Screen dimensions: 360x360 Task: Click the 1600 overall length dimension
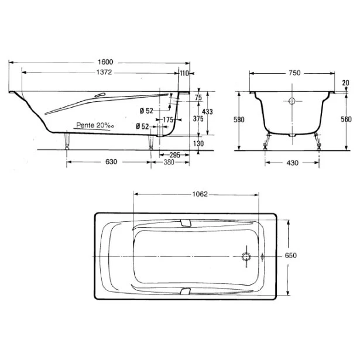105,62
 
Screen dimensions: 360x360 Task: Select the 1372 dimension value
104,73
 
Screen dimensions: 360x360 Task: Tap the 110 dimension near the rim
184,74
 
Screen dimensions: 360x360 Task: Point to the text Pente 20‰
95,125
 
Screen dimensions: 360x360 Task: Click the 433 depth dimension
207,112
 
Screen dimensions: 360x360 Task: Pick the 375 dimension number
198,119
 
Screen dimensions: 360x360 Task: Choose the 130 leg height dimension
198,144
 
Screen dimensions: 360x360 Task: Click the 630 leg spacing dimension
111,162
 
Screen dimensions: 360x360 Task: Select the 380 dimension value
169,162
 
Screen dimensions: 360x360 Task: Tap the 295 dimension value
174,155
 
